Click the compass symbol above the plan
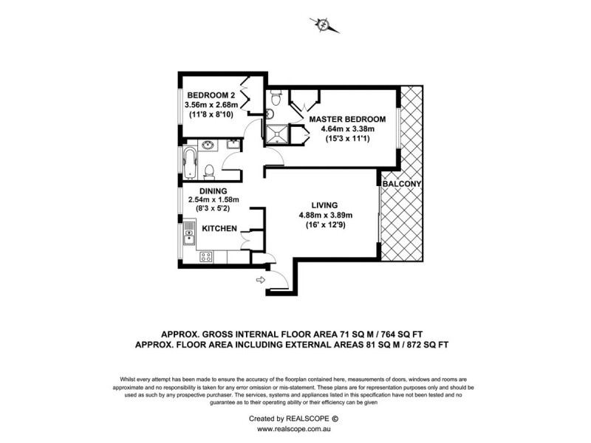324,24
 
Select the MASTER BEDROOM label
347,119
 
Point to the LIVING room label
324,205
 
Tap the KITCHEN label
219,229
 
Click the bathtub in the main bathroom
188,162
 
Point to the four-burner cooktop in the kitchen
207,258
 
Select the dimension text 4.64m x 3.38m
346,130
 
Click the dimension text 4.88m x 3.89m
324,216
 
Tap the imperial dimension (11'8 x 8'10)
211,115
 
